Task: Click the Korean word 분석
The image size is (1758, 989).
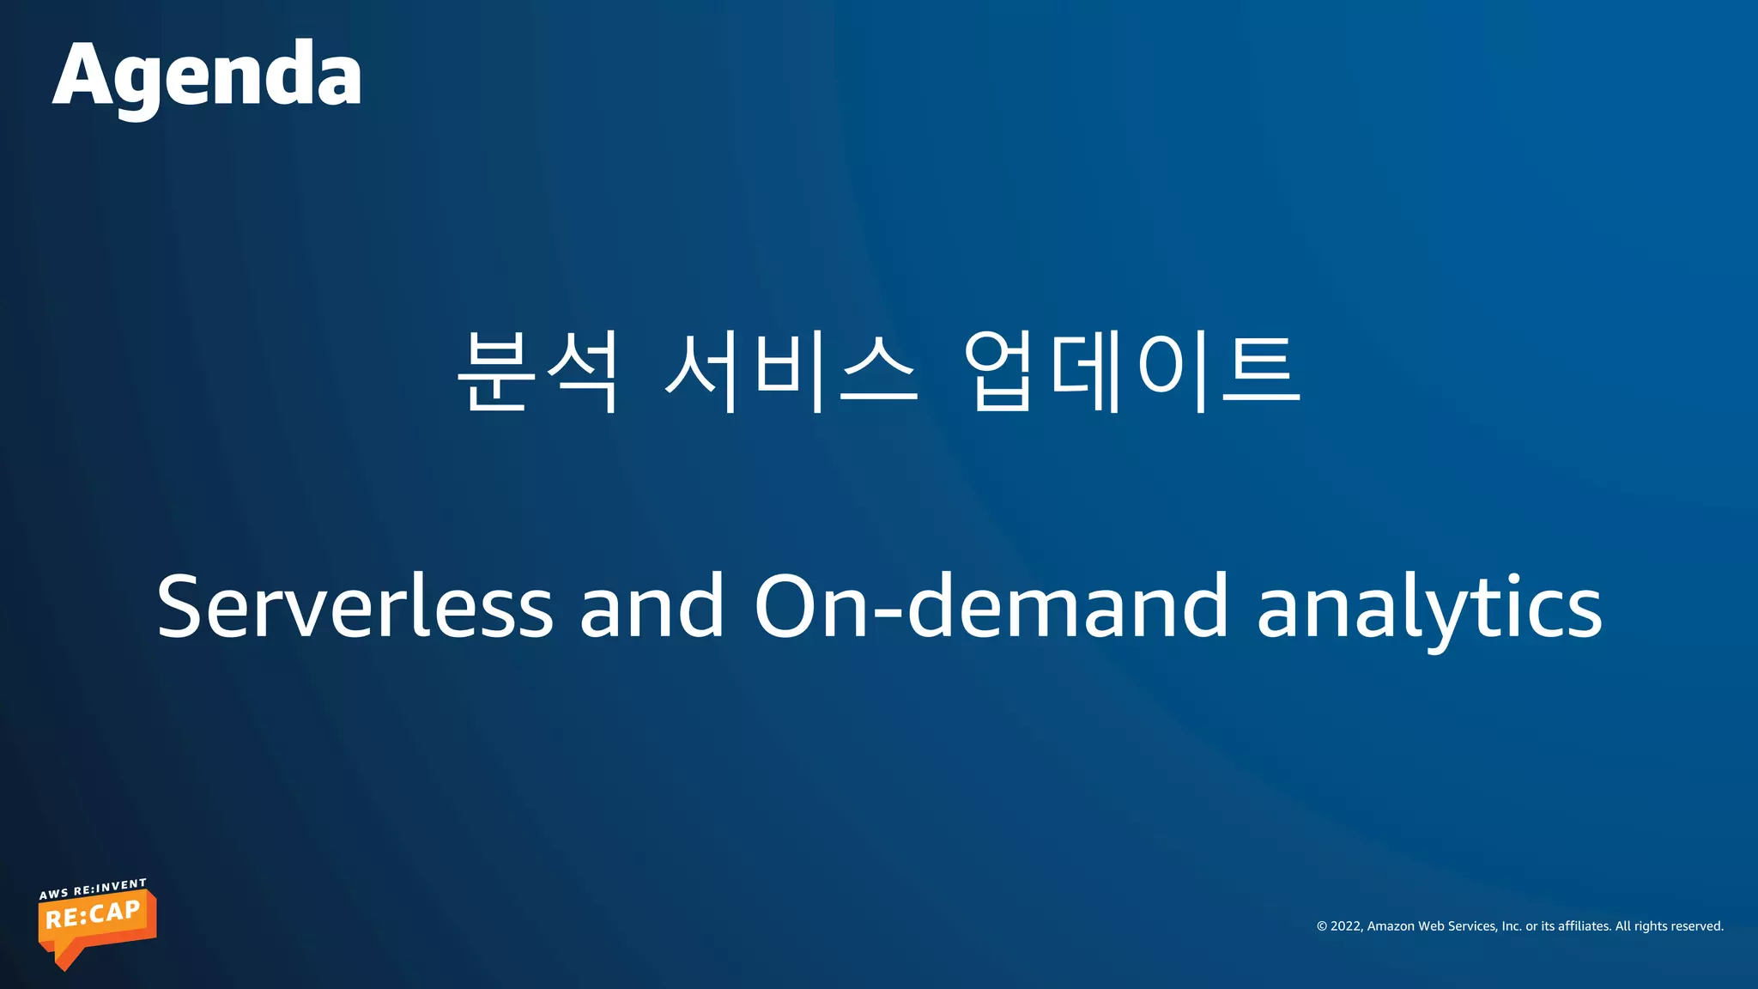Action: (537, 371)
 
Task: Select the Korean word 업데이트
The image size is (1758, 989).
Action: (1131, 371)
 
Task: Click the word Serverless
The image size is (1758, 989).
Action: (355, 606)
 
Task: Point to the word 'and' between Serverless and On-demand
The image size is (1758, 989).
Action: (652, 606)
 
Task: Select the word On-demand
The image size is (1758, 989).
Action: (991, 606)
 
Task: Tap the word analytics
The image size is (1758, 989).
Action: (1429, 606)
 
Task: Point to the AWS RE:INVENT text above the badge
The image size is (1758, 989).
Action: (93, 889)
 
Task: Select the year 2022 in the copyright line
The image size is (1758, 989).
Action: (1346, 926)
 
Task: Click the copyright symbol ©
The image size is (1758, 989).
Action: (1322, 926)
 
